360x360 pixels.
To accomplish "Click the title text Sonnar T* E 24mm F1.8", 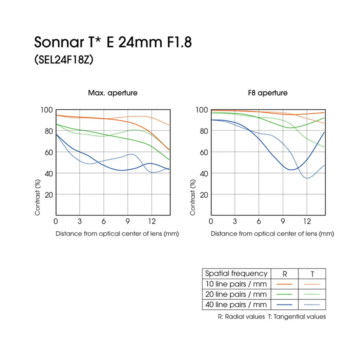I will (x=113, y=42).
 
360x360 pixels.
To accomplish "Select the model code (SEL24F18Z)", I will (x=64, y=59).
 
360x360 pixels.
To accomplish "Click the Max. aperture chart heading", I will (x=113, y=93).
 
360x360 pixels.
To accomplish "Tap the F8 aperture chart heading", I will (x=268, y=93).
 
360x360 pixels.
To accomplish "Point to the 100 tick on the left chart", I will (x=46, y=110).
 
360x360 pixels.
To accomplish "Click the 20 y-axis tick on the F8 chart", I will (x=204, y=195).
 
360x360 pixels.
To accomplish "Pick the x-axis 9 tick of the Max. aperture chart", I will (x=127, y=221).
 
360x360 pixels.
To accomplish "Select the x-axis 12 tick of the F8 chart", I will (x=307, y=221).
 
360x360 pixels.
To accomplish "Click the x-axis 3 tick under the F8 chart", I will (x=235, y=221).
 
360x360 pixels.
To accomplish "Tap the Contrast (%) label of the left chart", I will (x=37, y=197).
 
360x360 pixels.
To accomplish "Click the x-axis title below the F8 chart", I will (x=272, y=234).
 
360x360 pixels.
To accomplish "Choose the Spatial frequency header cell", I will (x=236, y=274).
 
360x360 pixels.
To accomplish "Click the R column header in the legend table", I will (x=285, y=274).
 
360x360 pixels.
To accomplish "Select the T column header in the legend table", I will (x=312, y=274).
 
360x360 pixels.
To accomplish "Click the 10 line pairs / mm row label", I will (x=236, y=284).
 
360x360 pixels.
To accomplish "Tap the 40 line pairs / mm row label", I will (x=236, y=305).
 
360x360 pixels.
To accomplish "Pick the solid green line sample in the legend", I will (x=284, y=294).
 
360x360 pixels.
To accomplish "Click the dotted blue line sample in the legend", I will (x=312, y=305).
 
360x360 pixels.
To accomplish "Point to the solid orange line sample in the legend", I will (x=284, y=284).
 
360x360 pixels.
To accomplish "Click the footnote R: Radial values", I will (x=241, y=316).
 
